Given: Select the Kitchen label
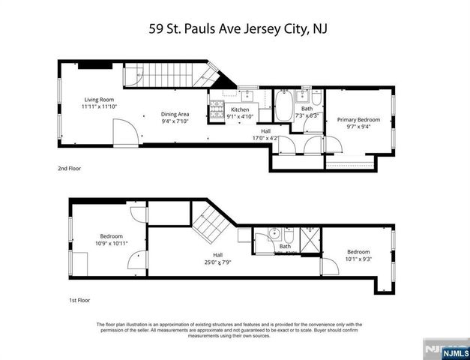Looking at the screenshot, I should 239,109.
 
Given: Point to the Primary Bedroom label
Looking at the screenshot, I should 358,120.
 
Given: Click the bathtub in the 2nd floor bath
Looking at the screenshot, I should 284,105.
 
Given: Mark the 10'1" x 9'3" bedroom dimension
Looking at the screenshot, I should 358,259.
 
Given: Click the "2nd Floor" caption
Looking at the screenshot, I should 69,169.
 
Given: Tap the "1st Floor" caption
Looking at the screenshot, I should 79,300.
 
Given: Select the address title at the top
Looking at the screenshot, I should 235,29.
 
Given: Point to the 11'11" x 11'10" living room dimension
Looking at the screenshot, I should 100,107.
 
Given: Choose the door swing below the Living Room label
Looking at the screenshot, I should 126,136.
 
